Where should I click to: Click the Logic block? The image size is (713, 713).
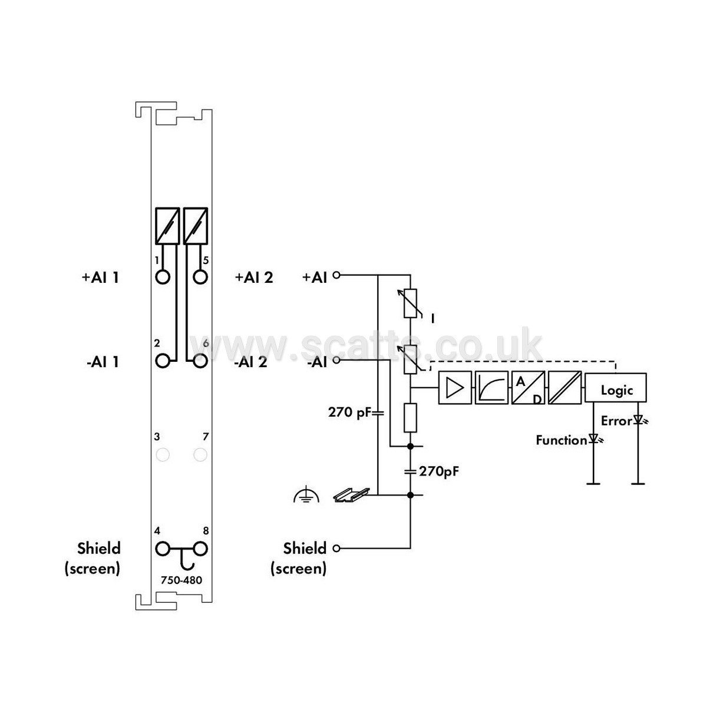coord(615,388)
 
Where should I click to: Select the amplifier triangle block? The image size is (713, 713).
coord(455,388)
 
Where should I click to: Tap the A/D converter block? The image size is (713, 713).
coord(529,388)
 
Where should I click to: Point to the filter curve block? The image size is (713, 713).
coord(491,388)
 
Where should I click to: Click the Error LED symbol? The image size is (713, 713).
coord(639,420)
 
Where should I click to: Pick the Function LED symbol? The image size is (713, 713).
coord(595,439)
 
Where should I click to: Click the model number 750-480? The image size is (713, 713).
coord(181,580)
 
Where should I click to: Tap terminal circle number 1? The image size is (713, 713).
coord(163,277)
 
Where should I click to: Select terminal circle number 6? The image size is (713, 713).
coord(200,361)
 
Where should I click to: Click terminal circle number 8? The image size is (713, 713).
coord(200,549)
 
